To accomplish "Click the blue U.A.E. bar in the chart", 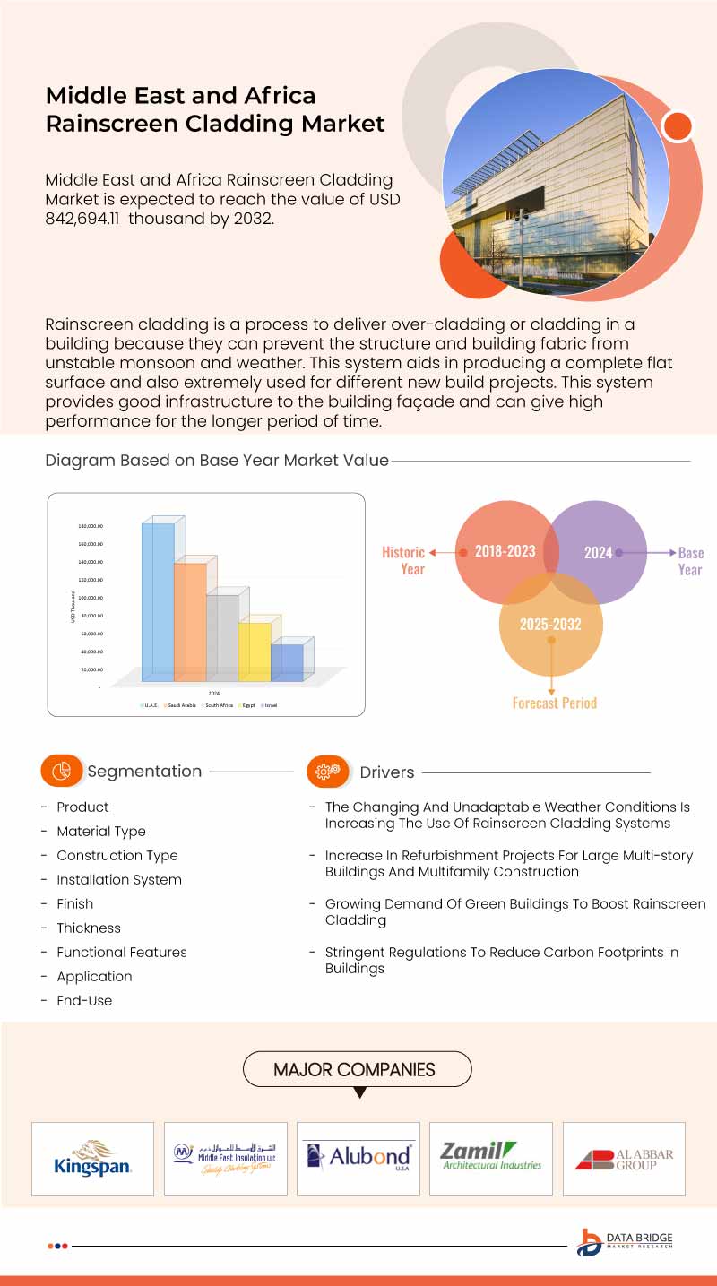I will coord(158,600).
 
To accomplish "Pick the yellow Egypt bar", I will coord(255,652).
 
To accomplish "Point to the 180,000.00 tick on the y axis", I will coord(90,526).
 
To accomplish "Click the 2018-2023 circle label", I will coord(505,551).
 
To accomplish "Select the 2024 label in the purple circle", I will coord(598,552).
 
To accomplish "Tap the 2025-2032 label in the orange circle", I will coord(550,624).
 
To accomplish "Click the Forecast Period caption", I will coord(554,703).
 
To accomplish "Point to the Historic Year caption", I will coord(404,560).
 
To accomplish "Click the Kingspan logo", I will coord(92,1159).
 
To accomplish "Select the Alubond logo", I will coord(358,1156).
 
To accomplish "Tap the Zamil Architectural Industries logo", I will coord(491,1156).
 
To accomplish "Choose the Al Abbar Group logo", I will coord(624,1159).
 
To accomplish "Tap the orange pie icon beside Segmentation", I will coord(61,771).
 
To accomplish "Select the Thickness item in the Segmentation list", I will coord(89,928).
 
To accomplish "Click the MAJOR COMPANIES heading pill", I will coord(357,1069).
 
